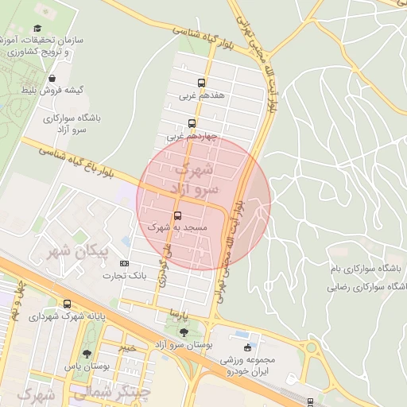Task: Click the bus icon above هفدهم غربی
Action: [x=200, y=83]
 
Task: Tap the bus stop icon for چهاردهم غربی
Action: [x=192, y=123]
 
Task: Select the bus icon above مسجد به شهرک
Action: [x=176, y=215]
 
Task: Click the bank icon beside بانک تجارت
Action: [x=124, y=263]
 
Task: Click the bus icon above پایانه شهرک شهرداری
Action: [x=67, y=304]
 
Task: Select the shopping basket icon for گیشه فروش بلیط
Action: [x=52, y=78]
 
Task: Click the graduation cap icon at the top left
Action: [x=37, y=28]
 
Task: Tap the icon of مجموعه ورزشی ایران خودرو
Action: [x=248, y=348]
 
